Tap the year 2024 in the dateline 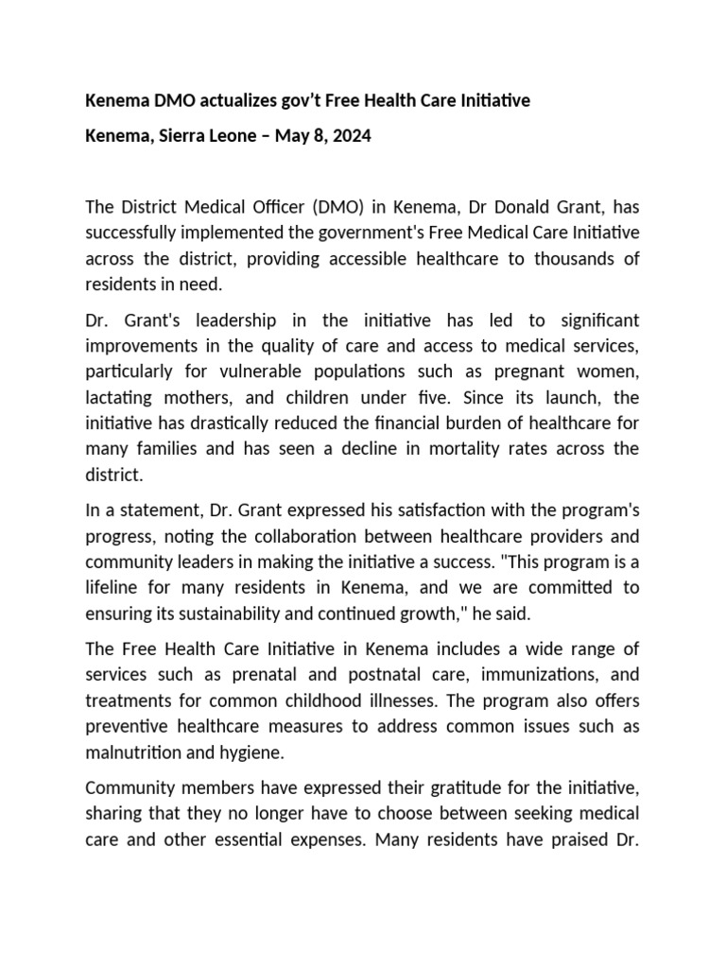click(352, 136)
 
